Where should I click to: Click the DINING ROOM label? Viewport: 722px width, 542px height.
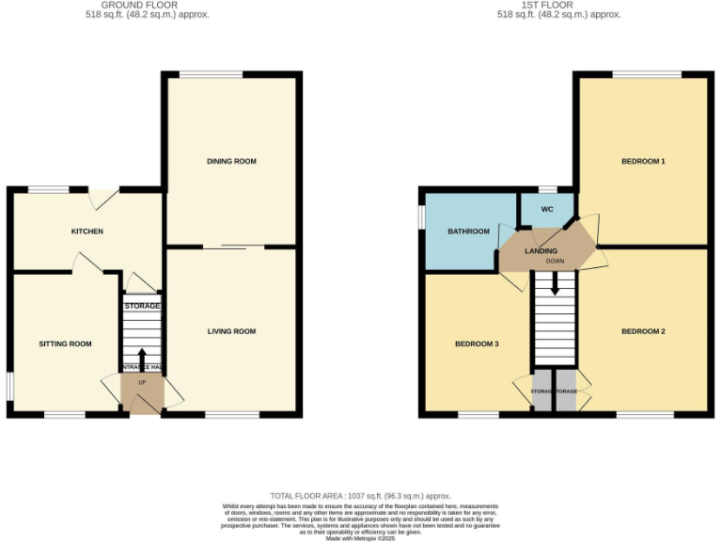(231, 162)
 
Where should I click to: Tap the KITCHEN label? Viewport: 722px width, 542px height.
(87, 231)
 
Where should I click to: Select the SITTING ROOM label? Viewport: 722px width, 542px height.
(66, 344)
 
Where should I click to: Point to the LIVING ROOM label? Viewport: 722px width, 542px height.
(231, 331)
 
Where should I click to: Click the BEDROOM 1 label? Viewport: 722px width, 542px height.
(643, 162)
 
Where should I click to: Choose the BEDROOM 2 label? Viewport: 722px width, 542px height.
(643, 331)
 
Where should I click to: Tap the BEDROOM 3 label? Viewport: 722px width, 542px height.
(477, 344)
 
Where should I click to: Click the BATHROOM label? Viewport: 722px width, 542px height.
(468, 231)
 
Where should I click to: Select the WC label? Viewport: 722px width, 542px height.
(545, 211)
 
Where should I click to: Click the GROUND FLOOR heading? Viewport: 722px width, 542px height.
(141, 5)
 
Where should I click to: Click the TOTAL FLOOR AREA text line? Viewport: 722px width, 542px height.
(360, 496)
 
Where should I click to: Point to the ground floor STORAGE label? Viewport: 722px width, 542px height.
(142, 306)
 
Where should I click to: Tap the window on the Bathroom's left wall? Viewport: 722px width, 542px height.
(422, 215)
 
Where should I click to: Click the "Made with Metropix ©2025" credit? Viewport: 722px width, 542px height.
(360, 537)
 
